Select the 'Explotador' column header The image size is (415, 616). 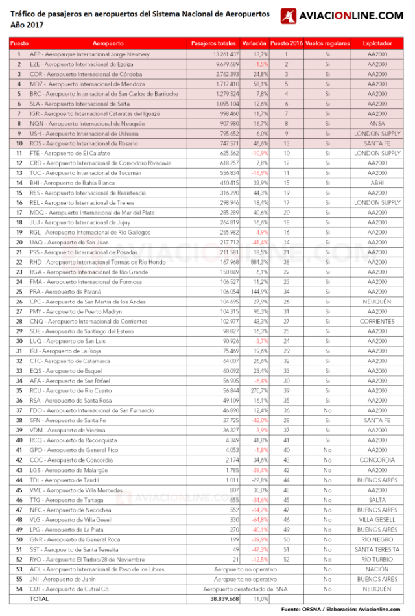377,43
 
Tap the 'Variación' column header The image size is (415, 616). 254,43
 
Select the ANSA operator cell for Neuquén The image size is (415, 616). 377,123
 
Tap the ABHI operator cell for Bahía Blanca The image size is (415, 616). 377,183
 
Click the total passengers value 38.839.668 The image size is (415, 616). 222,599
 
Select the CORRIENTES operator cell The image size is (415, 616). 377,321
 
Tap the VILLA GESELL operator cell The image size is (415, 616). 377,519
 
